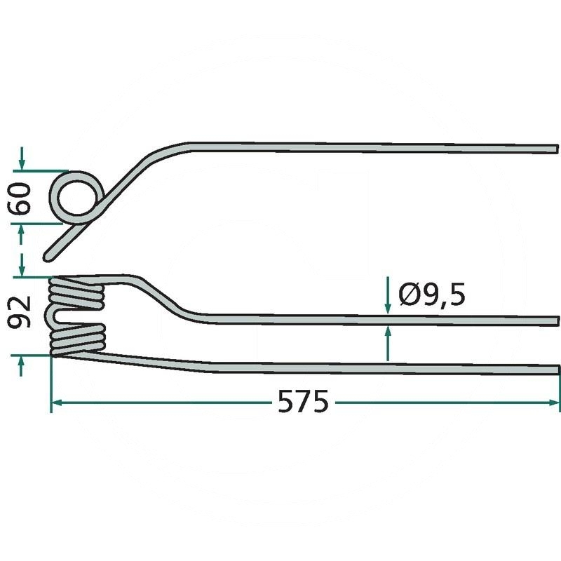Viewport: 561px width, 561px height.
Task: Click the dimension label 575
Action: click(x=303, y=402)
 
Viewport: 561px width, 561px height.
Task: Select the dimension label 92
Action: click(x=20, y=312)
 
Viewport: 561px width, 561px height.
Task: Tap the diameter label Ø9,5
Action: click(x=432, y=294)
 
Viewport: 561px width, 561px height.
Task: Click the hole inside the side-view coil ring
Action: click(x=78, y=197)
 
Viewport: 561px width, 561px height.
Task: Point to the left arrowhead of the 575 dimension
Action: click(x=58, y=403)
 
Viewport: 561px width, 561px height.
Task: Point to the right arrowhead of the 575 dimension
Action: click(x=554, y=403)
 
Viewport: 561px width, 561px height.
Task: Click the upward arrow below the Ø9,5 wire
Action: click(x=388, y=343)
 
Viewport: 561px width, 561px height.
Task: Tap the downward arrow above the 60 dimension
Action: click(x=22, y=158)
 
